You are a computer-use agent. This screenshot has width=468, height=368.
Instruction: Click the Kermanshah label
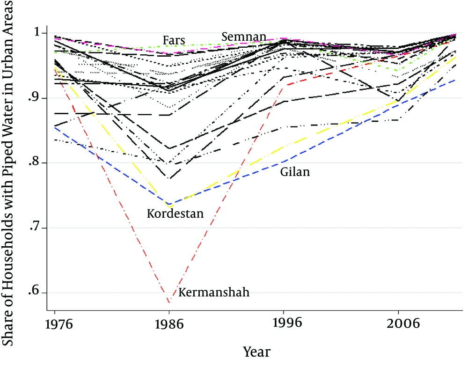[214, 292]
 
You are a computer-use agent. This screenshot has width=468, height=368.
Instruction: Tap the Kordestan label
[175, 213]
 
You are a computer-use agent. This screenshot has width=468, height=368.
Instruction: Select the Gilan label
[295, 172]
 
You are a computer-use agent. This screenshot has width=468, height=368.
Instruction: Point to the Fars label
[174, 40]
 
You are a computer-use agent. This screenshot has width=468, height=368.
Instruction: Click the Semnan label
[244, 37]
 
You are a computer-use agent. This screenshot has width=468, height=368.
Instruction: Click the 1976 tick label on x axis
[59, 324]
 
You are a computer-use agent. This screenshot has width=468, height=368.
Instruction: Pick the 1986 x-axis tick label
[169, 324]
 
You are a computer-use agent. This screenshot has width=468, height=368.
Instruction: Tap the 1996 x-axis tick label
[287, 323]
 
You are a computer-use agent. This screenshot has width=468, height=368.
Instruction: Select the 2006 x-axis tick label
[403, 324]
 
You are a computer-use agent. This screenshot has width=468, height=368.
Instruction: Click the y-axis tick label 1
[37, 32]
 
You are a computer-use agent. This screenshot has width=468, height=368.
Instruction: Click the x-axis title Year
[256, 352]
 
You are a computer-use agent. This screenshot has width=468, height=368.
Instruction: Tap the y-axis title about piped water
[8, 173]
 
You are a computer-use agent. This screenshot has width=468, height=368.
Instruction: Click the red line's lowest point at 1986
[169, 303]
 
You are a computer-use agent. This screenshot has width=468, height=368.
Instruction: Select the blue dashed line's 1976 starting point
[55, 127]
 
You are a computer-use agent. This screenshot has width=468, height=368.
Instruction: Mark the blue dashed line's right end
[455, 80]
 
